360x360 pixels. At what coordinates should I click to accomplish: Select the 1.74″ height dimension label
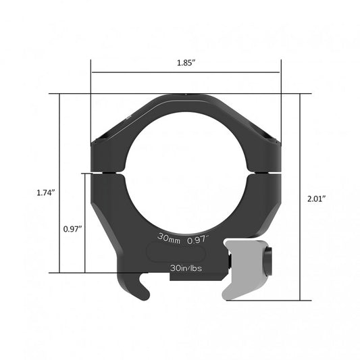(45, 192)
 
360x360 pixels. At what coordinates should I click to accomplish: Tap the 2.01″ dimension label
(315, 199)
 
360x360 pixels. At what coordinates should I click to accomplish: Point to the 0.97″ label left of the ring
(73, 229)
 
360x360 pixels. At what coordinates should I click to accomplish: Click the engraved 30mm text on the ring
(168, 238)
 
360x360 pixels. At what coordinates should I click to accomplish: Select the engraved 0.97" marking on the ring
(198, 238)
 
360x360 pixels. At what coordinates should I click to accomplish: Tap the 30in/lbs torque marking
(186, 267)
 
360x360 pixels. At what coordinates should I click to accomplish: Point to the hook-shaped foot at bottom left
(140, 287)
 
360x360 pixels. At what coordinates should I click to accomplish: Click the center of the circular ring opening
(185, 172)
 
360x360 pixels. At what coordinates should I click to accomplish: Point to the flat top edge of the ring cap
(185, 96)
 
